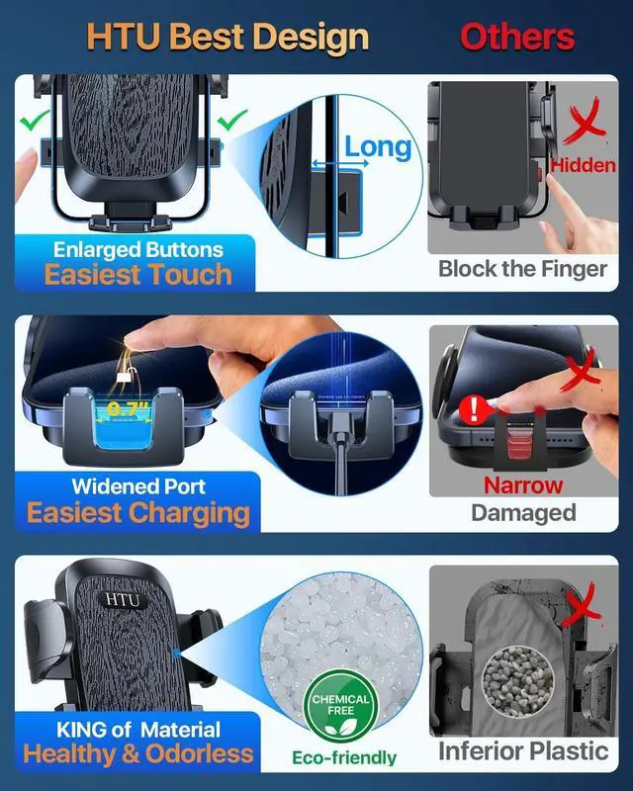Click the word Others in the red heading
coord(517,37)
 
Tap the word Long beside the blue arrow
coord(377,147)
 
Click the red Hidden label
coord(583,165)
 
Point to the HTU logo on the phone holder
coord(123,600)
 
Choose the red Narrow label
coord(523,485)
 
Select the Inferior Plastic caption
coord(523,750)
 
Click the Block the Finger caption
coord(522,268)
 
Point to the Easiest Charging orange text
coord(137,512)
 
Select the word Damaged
coord(523,512)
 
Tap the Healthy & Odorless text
coord(137,754)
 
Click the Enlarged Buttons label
coord(137,249)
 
